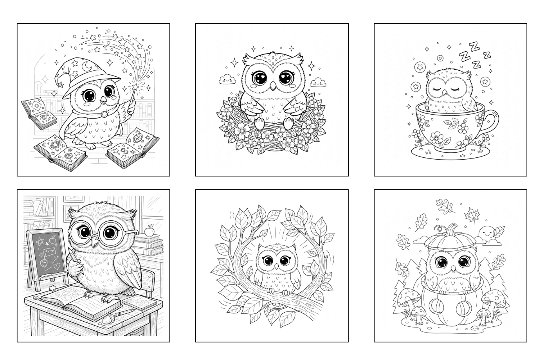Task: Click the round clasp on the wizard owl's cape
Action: [104, 114]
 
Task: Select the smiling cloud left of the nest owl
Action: [227, 79]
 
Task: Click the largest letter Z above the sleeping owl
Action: [473, 47]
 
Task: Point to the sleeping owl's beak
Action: [445, 92]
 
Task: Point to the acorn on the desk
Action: [107, 319]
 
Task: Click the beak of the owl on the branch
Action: [276, 267]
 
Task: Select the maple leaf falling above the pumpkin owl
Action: [471, 215]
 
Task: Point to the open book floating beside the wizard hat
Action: [39, 113]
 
